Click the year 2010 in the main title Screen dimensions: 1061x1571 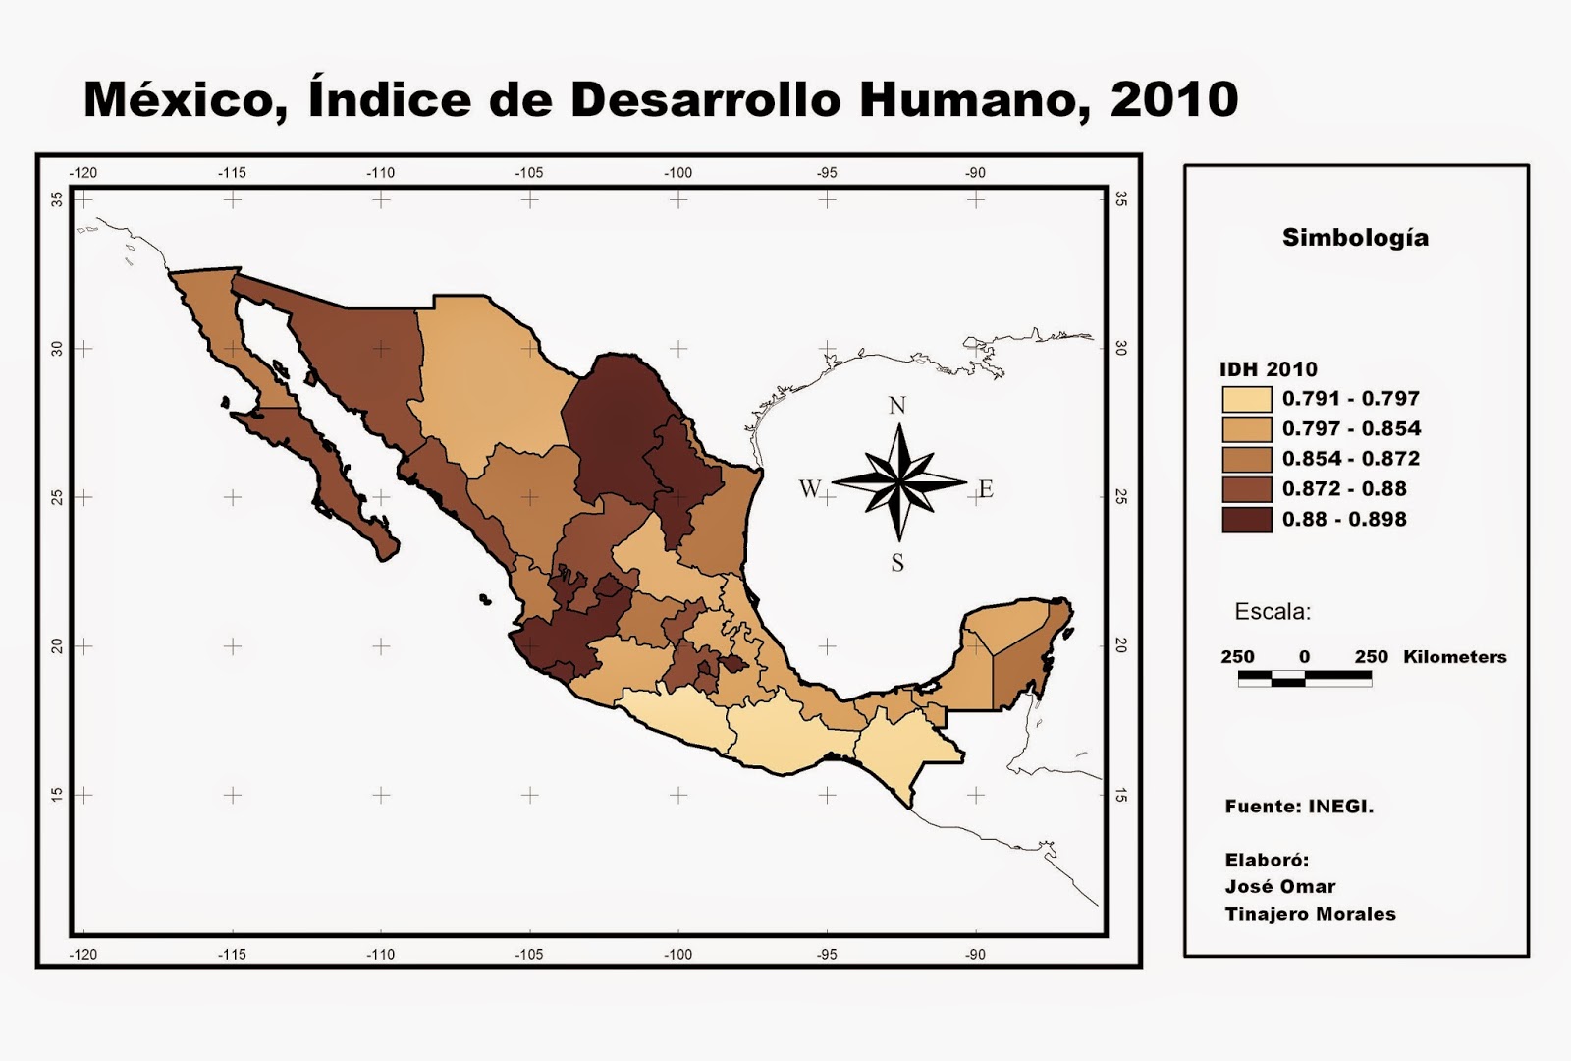click(x=1173, y=99)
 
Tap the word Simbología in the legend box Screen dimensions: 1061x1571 click(x=1355, y=238)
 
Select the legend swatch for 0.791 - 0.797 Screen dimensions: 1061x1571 click(x=1246, y=399)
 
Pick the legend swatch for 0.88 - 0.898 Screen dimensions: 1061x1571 click(x=1246, y=520)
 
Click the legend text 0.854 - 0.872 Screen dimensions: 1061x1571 click(x=1350, y=459)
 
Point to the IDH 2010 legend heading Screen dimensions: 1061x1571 click(x=1268, y=369)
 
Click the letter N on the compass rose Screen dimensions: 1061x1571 click(x=896, y=405)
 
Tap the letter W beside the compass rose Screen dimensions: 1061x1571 click(x=809, y=488)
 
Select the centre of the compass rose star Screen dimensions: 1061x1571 click(x=898, y=480)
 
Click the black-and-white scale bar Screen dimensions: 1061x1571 click(x=1304, y=678)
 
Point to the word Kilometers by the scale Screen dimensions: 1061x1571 click(x=1454, y=657)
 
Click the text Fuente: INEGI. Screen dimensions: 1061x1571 click(x=1299, y=807)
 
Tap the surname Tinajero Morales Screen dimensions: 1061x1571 click(x=1310, y=914)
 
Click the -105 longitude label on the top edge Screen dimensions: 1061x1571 click(x=529, y=173)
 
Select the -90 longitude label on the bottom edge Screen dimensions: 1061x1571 click(x=974, y=954)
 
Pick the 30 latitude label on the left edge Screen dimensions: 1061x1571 click(x=58, y=349)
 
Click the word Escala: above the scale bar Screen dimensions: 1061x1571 click(x=1272, y=612)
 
